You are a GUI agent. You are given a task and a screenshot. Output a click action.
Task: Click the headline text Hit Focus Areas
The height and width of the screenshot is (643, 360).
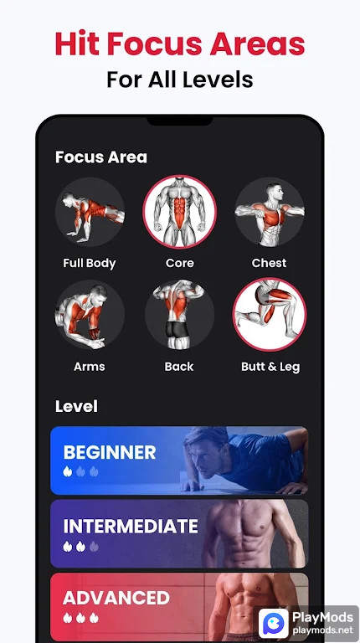(180, 43)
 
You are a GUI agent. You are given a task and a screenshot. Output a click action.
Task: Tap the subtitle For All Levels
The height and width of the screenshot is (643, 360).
(180, 80)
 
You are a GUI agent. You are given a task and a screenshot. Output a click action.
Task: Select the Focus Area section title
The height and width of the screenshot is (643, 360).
(100, 157)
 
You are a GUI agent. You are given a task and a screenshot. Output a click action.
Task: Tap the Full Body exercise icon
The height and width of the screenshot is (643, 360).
(90, 213)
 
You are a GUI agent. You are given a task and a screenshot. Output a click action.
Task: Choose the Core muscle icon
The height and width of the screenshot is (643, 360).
(179, 213)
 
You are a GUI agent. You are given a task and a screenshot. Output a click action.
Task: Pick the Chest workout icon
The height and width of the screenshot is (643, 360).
(270, 213)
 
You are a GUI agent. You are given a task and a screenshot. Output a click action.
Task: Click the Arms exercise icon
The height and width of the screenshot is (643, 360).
(90, 316)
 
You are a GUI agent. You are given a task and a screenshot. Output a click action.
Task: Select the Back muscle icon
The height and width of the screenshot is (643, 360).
(179, 316)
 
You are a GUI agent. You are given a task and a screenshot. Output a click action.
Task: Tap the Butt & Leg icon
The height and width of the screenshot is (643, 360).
(270, 316)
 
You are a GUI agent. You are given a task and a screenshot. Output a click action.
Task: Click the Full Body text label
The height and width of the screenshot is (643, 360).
(90, 263)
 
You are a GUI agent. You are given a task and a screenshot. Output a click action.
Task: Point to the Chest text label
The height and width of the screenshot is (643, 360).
(270, 263)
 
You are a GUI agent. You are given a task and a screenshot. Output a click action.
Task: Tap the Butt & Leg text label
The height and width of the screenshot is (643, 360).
(270, 367)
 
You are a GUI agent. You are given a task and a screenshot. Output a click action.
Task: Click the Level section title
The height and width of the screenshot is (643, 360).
(76, 406)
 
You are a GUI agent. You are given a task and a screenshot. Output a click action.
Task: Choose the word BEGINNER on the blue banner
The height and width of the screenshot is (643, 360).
(110, 453)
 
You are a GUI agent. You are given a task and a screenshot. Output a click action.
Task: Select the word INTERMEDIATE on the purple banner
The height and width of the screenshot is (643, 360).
(131, 527)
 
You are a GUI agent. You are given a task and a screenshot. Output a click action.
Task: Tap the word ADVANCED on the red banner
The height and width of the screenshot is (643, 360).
(116, 598)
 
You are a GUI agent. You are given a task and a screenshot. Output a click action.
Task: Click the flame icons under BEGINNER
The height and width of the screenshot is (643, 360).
(80, 472)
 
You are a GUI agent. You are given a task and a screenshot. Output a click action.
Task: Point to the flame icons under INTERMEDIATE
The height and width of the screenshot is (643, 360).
(80, 546)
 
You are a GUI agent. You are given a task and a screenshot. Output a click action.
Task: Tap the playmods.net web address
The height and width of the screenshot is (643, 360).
(322, 629)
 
